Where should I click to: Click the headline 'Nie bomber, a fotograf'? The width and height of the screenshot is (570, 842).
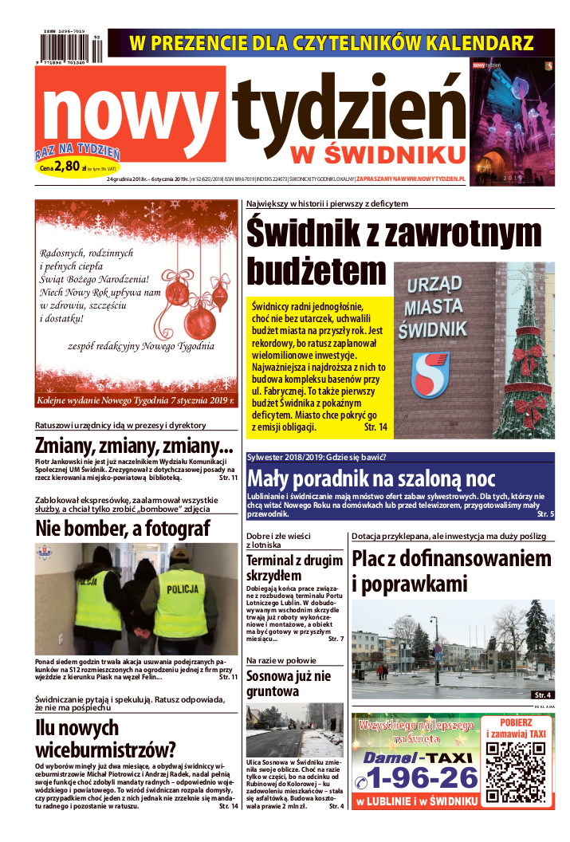click(x=123, y=528)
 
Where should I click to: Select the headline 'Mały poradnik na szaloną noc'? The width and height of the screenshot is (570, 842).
click(x=372, y=478)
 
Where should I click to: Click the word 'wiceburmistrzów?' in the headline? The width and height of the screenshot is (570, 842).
click(x=105, y=750)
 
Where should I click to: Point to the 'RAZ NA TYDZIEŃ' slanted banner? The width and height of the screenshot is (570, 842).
click(x=77, y=152)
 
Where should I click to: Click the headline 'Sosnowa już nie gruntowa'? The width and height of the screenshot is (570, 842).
click(x=288, y=684)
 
